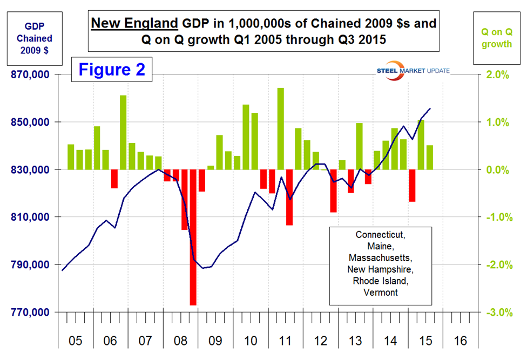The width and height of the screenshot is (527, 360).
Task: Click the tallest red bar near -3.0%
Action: point(193,237)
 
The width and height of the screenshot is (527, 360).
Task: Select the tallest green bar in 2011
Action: point(281,128)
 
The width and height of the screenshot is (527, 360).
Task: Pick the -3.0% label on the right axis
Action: point(495,312)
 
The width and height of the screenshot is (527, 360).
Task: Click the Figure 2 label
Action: point(112,71)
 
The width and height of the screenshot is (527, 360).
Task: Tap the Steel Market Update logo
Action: point(413,71)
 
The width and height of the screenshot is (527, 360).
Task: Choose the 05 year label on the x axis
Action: point(75,341)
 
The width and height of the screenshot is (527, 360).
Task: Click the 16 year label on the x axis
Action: point(461,341)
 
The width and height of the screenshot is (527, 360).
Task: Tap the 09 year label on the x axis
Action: point(215,341)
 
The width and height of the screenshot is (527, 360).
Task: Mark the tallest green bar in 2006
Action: point(123,132)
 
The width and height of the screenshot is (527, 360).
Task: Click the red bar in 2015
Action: point(412,185)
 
